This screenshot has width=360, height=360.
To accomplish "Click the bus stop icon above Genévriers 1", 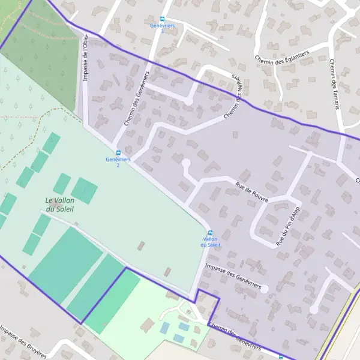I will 162,19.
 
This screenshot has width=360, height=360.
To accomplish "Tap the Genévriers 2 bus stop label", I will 118,162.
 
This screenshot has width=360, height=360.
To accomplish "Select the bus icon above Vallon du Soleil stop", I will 210,233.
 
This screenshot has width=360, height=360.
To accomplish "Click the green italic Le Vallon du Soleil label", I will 59,205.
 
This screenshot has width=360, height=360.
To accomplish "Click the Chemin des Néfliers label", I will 236,98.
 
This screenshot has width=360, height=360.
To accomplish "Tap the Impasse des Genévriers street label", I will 233,277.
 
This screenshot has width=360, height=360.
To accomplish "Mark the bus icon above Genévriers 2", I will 118,153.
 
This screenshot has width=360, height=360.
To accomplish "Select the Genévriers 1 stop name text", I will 162,28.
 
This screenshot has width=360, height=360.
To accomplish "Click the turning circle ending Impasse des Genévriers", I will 264,289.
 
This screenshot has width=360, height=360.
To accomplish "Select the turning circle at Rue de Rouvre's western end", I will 186,163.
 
